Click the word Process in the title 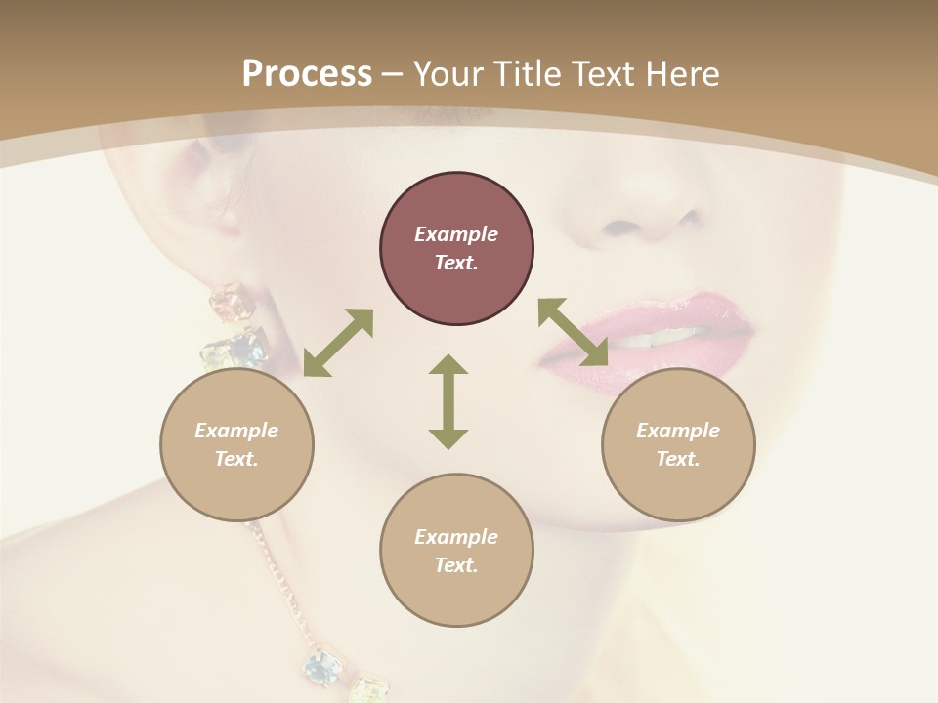(x=307, y=74)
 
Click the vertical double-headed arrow (x=448, y=401)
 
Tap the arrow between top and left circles (x=338, y=342)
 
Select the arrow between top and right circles (x=573, y=332)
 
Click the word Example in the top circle (x=456, y=234)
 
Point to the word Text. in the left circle (x=236, y=459)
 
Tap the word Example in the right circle (x=678, y=431)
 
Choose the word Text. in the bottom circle (x=456, y=565)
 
